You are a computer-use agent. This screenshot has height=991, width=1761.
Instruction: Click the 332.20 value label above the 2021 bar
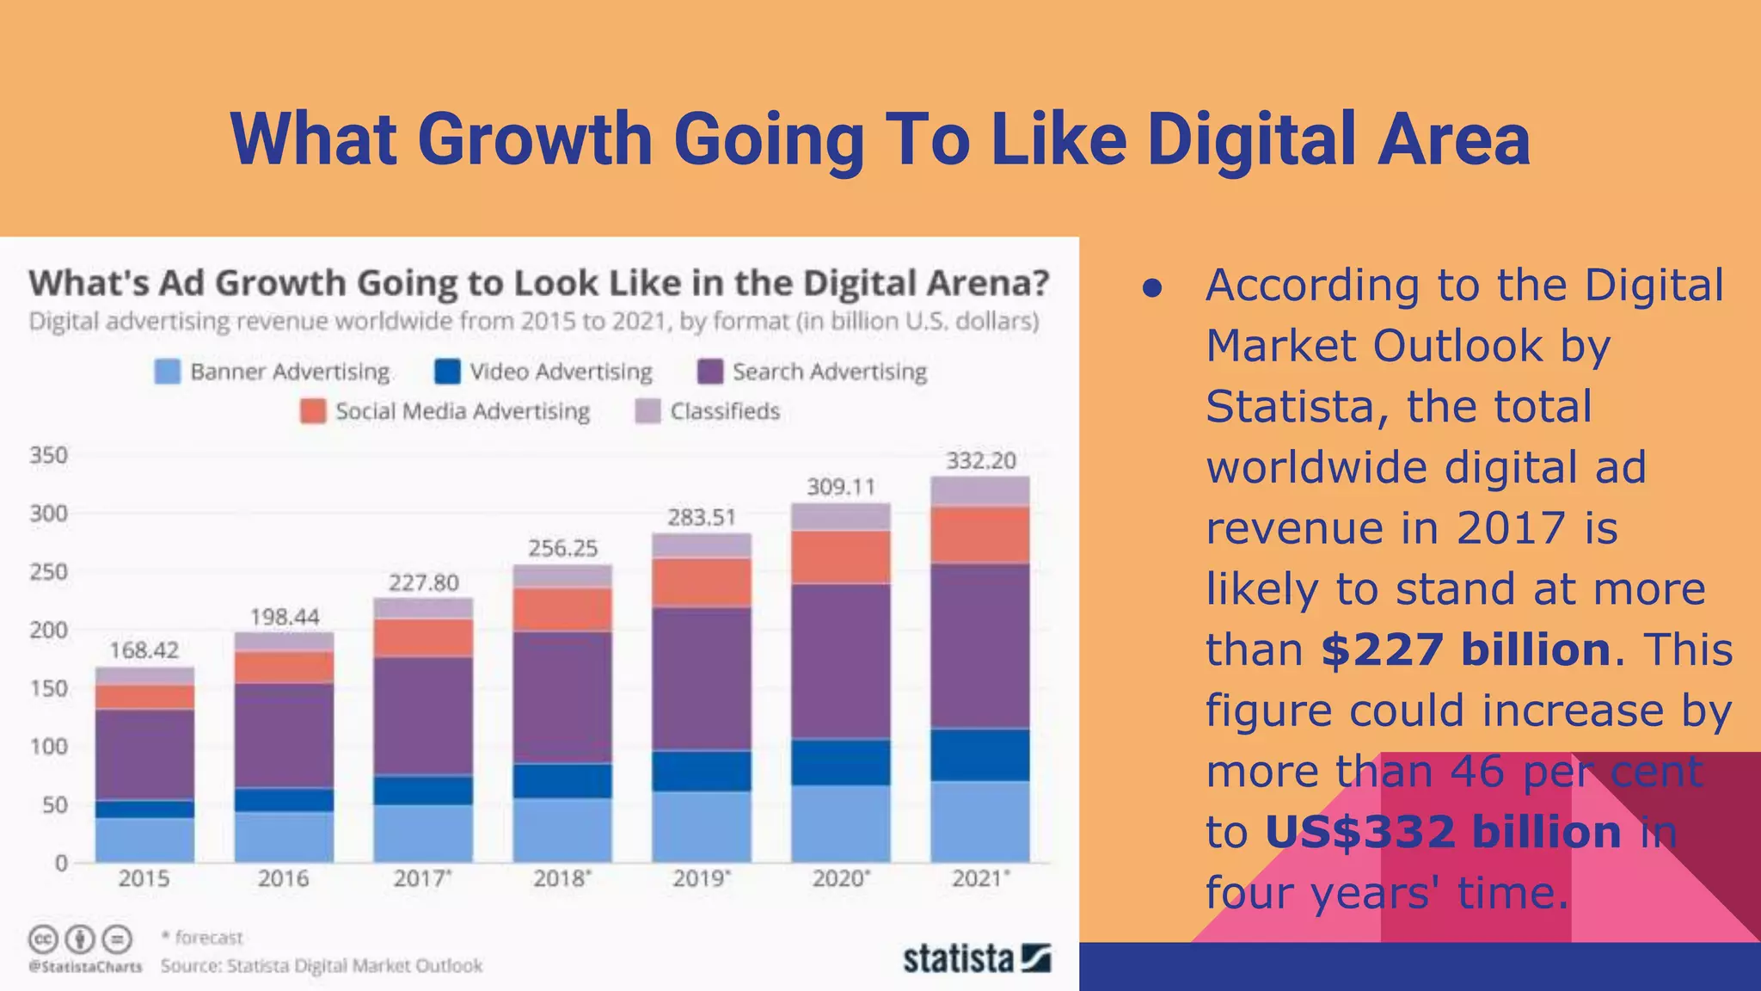(x=980, y=460)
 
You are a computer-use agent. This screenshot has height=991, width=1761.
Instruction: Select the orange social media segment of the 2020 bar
(x=840, y=557)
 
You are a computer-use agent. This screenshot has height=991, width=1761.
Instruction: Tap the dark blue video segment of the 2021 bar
(x=979, y=754)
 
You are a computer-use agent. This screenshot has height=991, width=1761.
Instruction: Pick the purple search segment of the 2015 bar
(x=144, y=754)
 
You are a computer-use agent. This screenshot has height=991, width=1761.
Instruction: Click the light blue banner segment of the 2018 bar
(x=562, y=829)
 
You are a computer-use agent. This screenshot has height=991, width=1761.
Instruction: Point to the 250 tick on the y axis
(x=48, y=572)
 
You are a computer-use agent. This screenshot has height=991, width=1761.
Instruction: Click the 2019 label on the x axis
(x=701, y=878)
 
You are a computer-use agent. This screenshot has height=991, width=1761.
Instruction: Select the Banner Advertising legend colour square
(x=168, y=372)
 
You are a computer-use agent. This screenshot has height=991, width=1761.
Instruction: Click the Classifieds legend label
(x=724, y=411)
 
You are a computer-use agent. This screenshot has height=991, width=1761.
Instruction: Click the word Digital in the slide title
(x=1255, y=139)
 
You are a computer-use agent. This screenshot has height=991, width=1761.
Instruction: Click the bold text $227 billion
(x=1465, y=649)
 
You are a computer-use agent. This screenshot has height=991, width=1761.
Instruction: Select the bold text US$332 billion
(x=1443, y=832)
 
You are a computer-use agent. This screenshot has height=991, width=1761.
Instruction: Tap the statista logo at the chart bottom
(x=976, y=958)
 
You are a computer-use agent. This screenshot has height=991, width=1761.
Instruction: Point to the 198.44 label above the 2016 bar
(x=284, y=617)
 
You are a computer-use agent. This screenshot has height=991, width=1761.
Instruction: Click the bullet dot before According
(x=1152, y=288)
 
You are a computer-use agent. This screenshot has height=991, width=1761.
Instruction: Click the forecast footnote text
(x=203, y=937)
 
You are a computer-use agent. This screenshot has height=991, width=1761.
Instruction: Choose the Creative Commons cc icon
(x=44, y=939)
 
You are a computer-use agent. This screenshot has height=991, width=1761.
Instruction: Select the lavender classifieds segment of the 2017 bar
(x=423, y=608)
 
